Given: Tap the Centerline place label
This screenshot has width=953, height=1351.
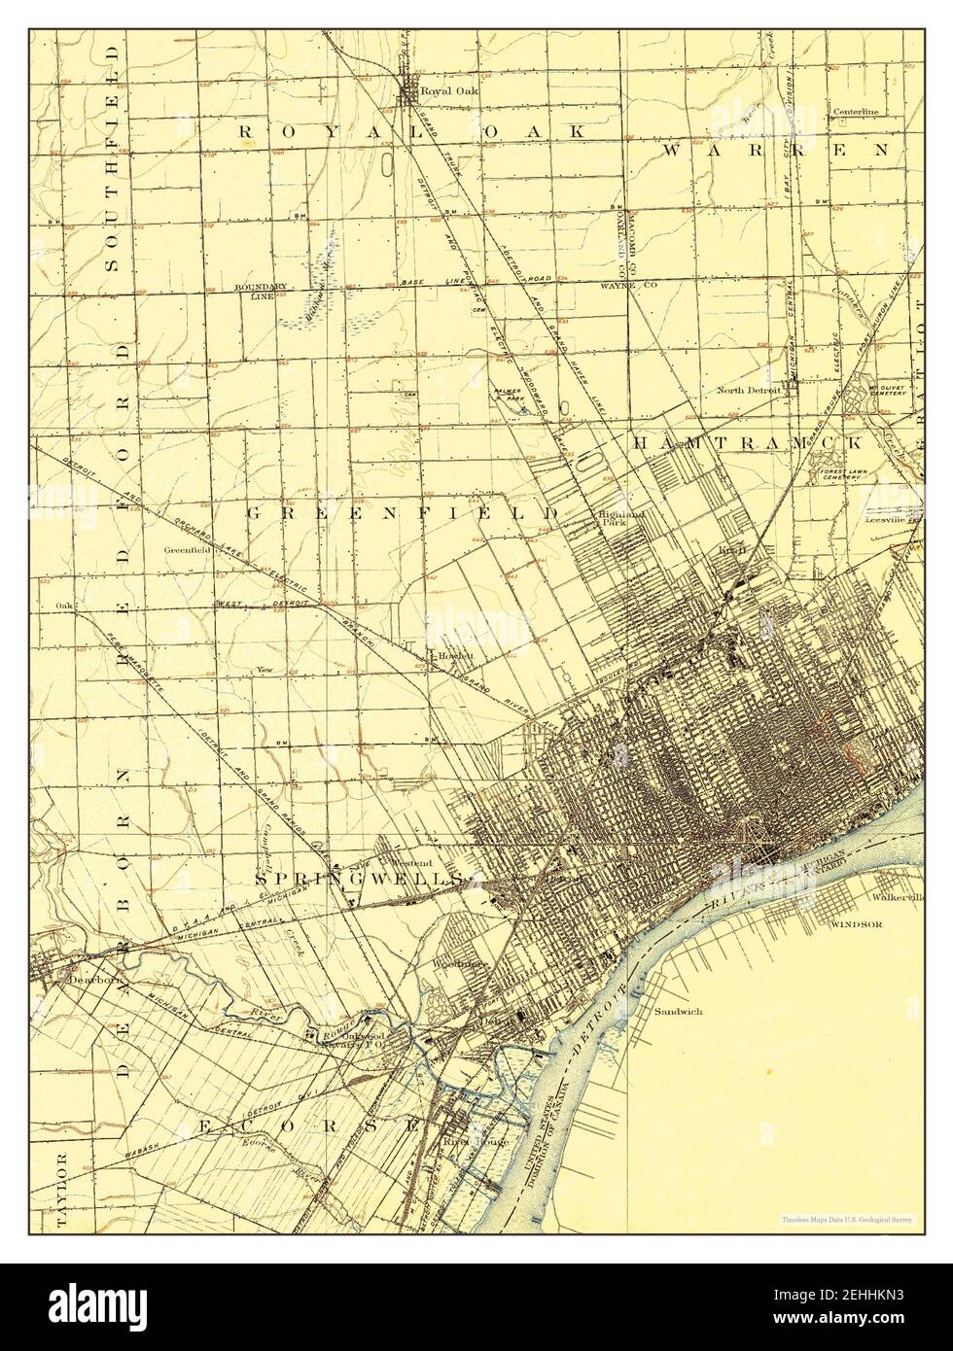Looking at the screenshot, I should pos(855,112).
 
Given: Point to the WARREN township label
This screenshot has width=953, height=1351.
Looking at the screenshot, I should pos(775,150).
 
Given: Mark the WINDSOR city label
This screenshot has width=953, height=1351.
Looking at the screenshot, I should pos(856,924).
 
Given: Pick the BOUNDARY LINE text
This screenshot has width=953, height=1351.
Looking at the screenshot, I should pos(261,292).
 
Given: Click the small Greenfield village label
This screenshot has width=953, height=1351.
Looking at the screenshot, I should pos(188,549).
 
